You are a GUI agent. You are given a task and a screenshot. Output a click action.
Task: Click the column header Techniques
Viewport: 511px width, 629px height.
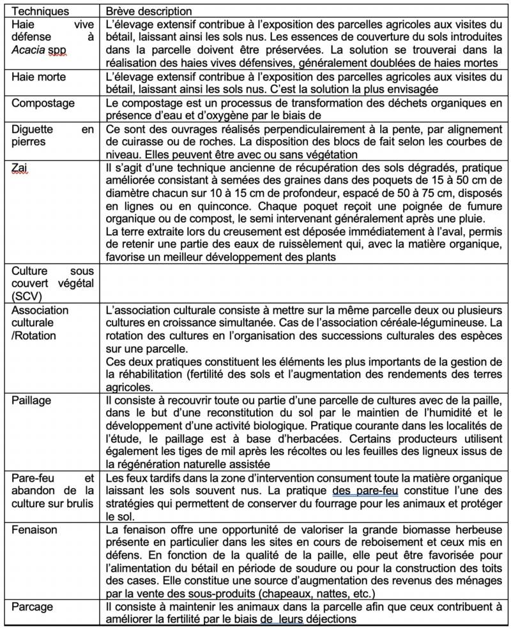(36, 11)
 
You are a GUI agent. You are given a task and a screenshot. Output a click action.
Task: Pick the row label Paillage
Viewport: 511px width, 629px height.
(32, 400)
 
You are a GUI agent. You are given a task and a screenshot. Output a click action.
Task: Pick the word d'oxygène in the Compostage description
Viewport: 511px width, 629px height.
(211, 115)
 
